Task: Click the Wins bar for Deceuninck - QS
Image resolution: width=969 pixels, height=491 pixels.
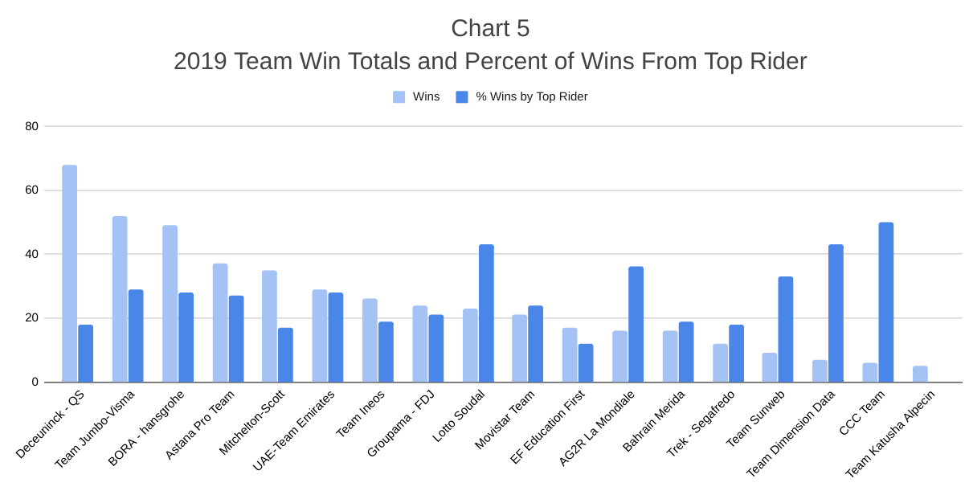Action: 70,273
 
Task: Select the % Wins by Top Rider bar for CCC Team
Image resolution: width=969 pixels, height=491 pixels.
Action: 886,302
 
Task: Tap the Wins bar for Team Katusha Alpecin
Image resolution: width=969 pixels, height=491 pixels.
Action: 920,374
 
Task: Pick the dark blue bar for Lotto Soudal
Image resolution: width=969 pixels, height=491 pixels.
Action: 486,313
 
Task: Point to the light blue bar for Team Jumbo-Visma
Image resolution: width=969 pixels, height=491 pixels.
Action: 120,299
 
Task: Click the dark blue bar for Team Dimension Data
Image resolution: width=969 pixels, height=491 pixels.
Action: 836,313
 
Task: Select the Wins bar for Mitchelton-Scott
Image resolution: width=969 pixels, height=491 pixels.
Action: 269,326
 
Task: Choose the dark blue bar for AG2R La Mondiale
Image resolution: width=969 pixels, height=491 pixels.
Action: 636,325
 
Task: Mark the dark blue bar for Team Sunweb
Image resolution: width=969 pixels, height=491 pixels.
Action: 786,329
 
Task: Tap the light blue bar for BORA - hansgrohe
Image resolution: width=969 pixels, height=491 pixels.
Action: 170,304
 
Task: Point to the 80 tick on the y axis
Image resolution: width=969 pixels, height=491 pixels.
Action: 31,126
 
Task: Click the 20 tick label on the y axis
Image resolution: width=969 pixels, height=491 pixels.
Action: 31,318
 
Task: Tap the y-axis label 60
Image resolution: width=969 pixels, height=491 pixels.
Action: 31,190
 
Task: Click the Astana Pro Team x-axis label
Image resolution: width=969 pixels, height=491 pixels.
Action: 201,424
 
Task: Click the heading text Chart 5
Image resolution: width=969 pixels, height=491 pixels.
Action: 490,28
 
